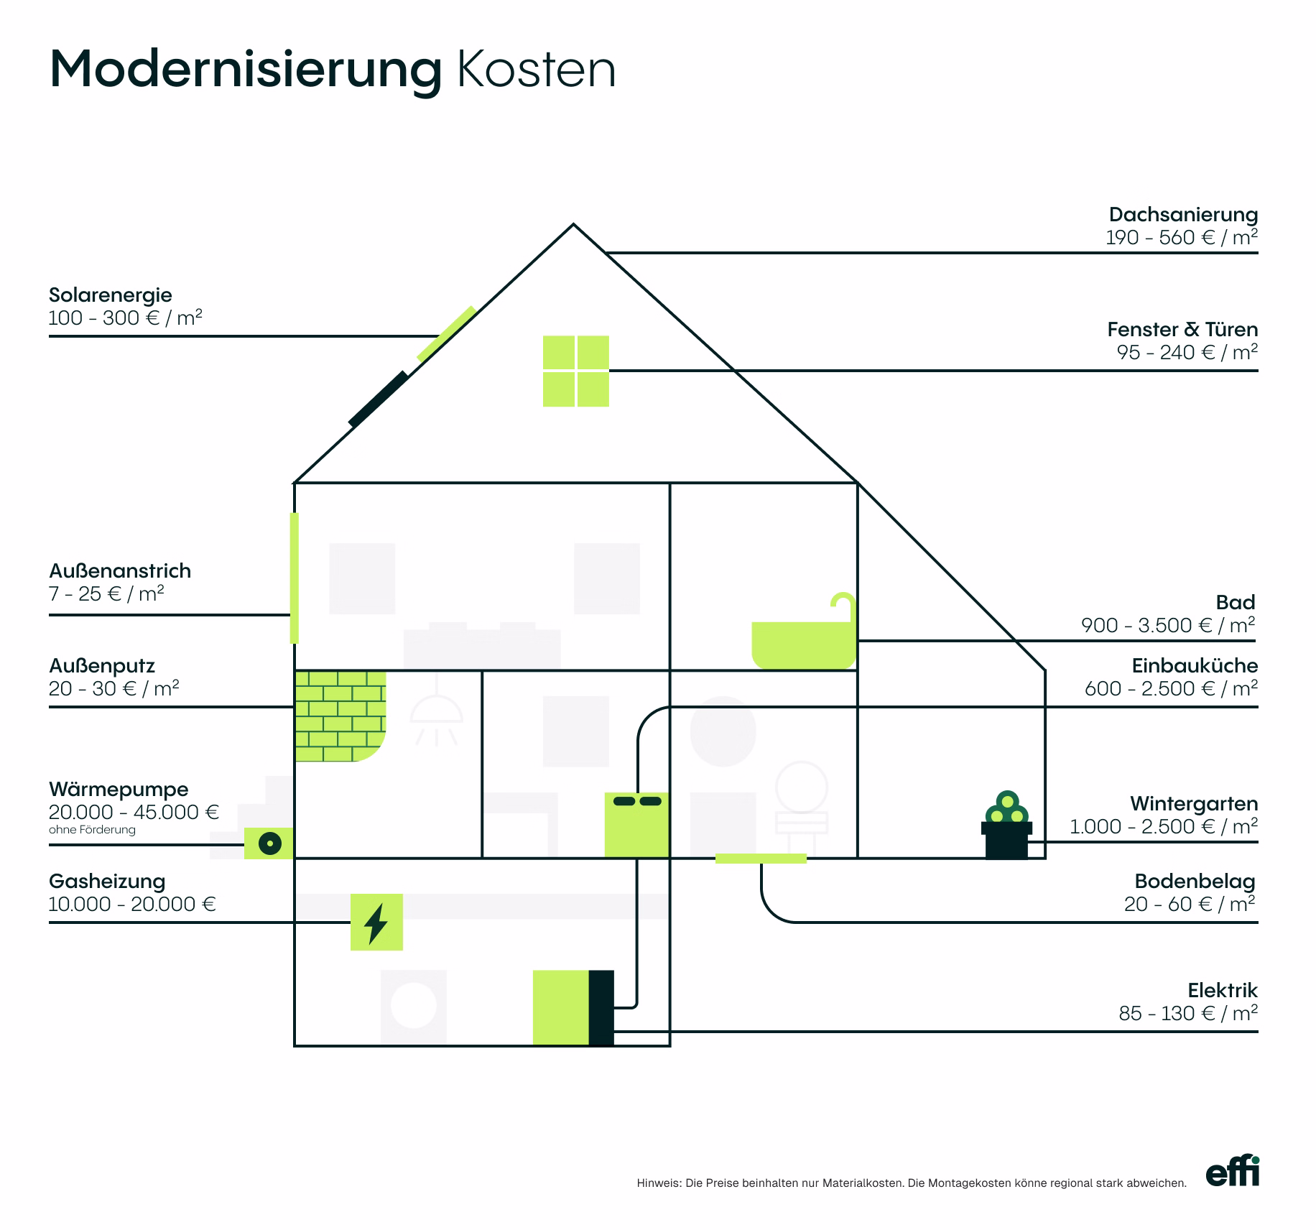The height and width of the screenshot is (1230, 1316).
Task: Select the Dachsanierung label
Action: pos(1183,214)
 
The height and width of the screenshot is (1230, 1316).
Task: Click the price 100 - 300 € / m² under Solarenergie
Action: pos(126,318)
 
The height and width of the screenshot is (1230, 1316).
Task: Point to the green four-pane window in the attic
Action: pos(575,371)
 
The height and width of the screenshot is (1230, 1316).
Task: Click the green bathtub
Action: pos(804,632)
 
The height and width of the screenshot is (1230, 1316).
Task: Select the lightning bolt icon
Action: pos(376,922)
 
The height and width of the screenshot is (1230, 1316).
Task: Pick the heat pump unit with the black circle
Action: pos(269,843)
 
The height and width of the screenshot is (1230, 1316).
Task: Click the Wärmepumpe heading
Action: pos(119,789)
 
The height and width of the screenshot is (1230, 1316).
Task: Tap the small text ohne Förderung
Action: pos(92,830)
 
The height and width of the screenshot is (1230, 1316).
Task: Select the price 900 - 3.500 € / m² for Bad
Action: pos(1168,625)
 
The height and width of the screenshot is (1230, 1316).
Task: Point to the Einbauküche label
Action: pos(1195,665)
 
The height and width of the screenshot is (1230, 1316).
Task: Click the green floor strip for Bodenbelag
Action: pos(761,858)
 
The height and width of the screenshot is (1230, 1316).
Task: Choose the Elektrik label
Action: pos(1223,990)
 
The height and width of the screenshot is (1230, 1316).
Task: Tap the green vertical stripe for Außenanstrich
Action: pos(294,578)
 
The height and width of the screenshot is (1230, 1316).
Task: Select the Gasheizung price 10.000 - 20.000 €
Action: pos(132,904)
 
